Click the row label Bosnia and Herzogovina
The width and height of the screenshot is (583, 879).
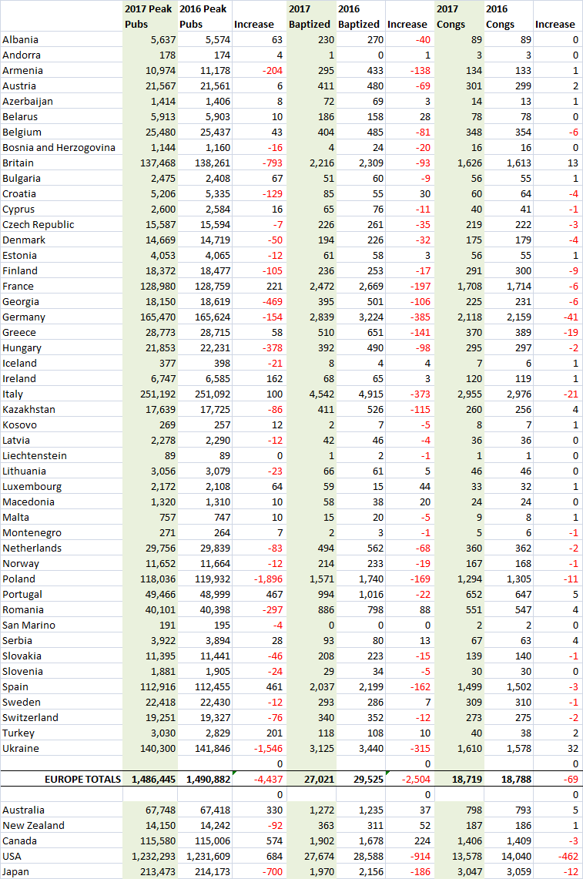pos(59,147)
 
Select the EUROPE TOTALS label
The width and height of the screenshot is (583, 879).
pos(83,779)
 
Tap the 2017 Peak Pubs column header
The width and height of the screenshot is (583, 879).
pos(149,16)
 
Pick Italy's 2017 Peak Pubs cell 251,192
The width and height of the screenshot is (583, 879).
pos(158,394)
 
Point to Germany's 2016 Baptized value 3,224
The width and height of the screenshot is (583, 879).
pos(371,317)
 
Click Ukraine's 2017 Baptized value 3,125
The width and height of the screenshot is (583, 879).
pos(322,748)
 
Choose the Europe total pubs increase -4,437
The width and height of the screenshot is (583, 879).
pos(269,779)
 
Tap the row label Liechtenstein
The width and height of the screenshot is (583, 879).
pos(34,456)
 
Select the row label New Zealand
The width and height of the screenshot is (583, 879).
pos(33,826)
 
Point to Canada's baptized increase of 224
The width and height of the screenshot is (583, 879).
pos(422,841)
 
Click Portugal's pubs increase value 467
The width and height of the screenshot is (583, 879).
pos(274,594)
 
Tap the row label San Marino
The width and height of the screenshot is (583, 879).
pos(28,625)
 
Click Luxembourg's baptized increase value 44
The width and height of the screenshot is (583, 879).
pos(425,487)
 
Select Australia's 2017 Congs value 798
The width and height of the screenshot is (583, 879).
pos(474,810)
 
